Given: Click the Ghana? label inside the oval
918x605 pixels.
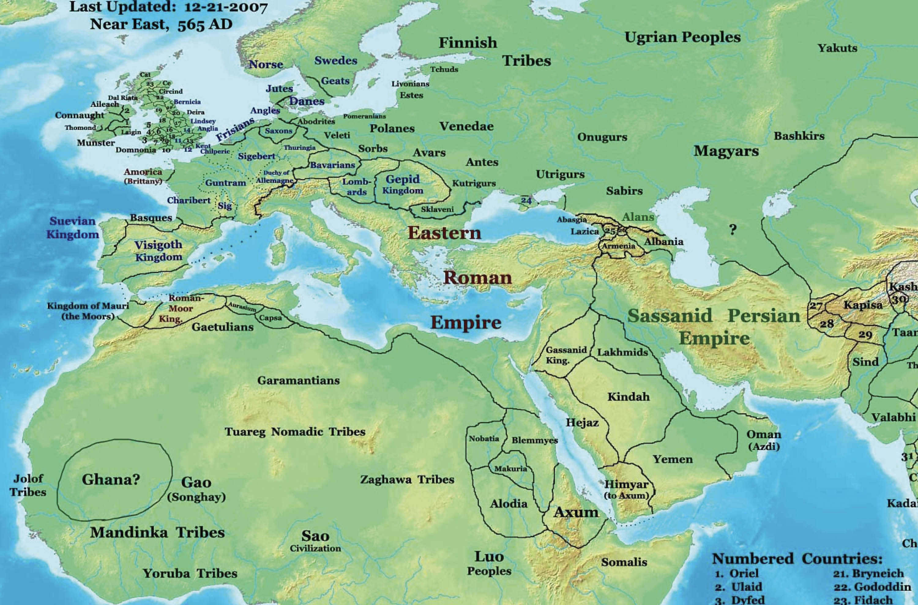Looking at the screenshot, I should pos(111,480).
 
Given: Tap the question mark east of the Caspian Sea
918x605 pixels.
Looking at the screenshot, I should pos(733,230).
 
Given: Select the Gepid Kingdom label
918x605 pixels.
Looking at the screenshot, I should pos(402,185).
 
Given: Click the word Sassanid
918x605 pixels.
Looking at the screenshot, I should pos(670,316).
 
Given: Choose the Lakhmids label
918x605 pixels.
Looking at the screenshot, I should pos(622,352).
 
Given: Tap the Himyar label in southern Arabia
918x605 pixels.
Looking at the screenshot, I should pos(626,485).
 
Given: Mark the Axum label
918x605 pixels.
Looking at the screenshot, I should pos(576,512).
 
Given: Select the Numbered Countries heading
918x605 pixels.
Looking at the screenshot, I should pos(797,559).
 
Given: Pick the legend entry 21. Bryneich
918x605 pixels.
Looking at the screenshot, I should pos(868,573).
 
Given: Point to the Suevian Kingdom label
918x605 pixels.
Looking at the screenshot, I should pos(73,228).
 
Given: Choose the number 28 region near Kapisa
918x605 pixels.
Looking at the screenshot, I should pos(827,323).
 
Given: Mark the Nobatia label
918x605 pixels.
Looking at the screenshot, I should pos(484,439).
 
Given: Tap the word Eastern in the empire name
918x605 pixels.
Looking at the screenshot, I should pos(444,233).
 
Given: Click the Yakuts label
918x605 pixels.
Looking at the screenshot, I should pos(838,48).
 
